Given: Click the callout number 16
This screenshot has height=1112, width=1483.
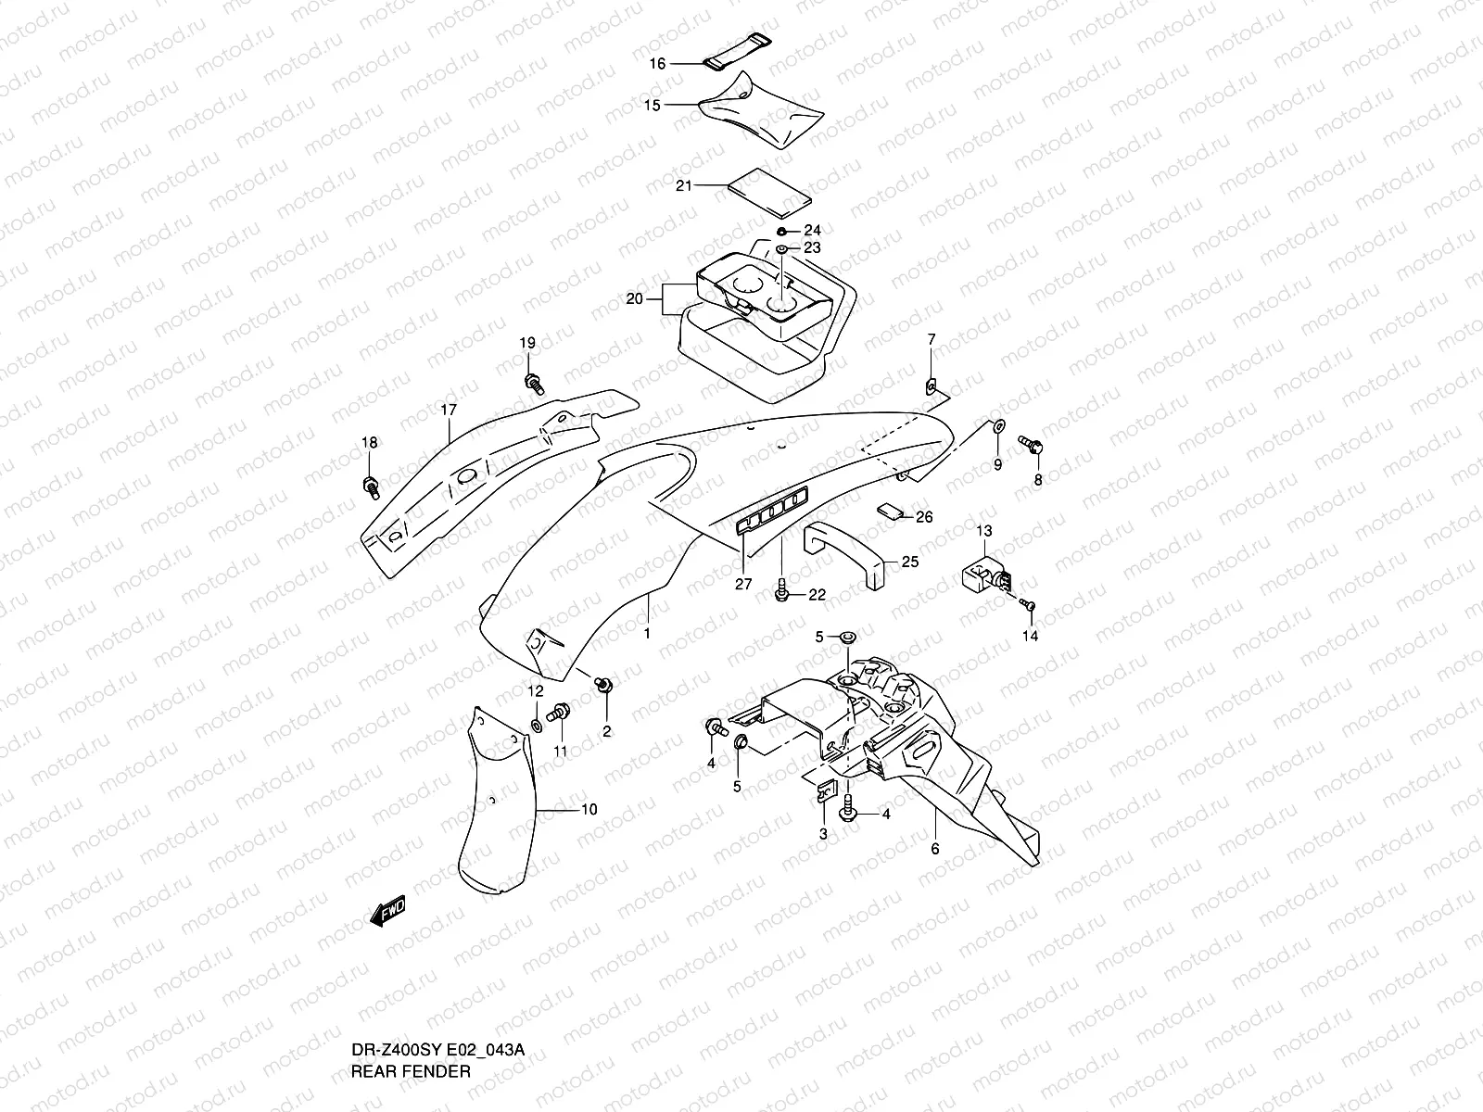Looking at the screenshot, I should [657, 64].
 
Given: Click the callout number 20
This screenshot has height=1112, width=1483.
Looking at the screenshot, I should [634, 298].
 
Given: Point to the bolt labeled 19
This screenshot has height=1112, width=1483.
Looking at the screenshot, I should [534, 381].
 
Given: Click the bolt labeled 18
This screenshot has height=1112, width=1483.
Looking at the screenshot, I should [371, 483].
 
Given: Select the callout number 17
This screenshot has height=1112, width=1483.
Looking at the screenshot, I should [449, 409].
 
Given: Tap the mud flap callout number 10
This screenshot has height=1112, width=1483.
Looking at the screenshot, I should [589, 809].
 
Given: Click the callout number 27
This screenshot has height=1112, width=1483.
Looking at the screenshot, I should [744, 585].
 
